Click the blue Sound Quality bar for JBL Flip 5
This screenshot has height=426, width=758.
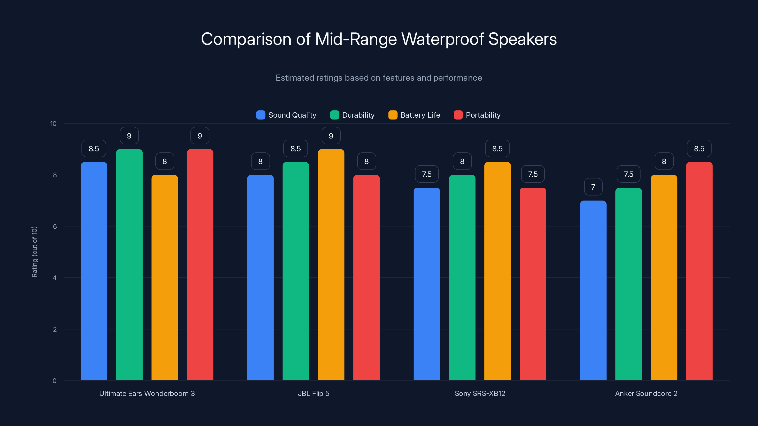pos(260,278)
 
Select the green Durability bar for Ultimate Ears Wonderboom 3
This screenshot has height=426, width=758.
pos(129,265)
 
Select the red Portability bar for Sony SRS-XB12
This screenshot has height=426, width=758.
pos(532,284)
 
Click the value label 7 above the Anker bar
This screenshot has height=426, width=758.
pos(593,187)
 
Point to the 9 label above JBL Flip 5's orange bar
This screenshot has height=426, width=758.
pos(331,136)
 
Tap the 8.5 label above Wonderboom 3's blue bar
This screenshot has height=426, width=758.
pos(94,149)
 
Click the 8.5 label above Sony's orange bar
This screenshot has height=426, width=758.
pos(497,149)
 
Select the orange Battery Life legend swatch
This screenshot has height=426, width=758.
pos(393,115)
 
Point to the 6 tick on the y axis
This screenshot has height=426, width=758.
pos(55,226)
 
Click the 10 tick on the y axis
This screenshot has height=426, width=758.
pos(53,124)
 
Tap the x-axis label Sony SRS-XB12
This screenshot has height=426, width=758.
pos(480,393)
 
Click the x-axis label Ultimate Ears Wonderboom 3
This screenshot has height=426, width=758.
pos(147,393)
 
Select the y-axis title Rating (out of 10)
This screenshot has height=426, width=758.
pos(34,252)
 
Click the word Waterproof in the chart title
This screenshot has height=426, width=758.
pos(442,39)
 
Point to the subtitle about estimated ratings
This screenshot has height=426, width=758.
pos(379,78)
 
